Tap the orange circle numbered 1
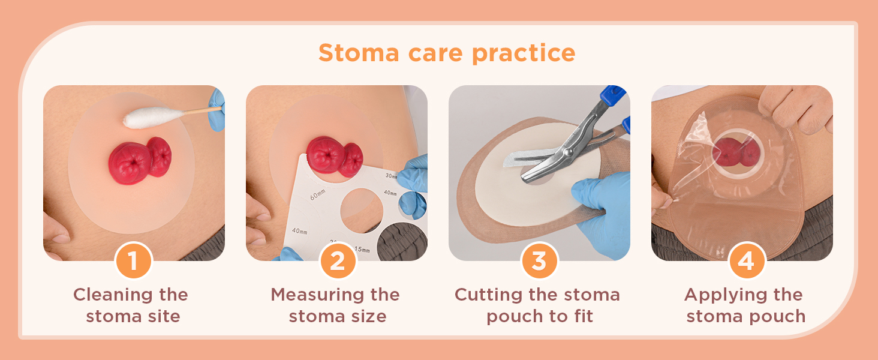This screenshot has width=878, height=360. [133, 261]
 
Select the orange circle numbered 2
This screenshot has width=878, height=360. [338, 261]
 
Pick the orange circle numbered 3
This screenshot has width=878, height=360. [539, 261]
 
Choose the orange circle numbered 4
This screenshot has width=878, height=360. [746, 261]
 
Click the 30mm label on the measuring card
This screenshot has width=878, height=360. [390, 176]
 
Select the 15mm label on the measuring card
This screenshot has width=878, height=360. [362, 248]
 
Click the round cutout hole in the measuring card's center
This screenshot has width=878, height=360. [361, 211]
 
